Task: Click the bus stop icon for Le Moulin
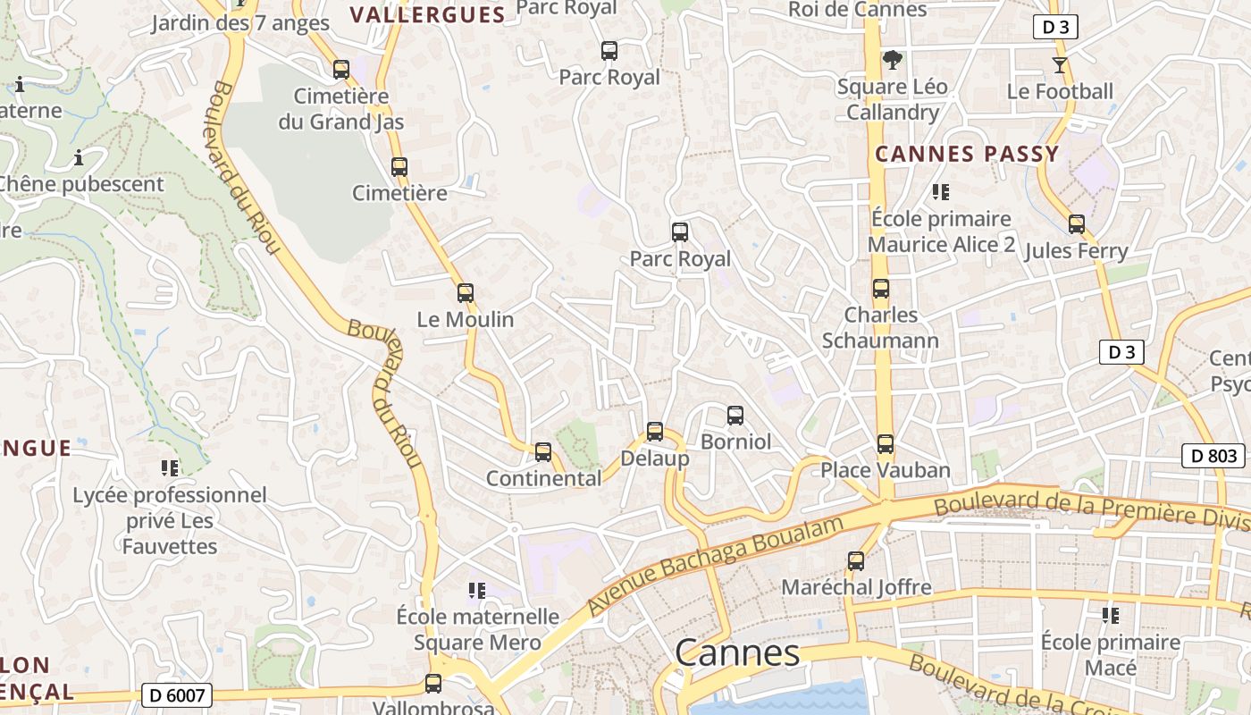click(x=465, y=292)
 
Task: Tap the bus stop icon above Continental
click(x=542, y=451)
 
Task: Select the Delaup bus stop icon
click(x=654, y=432)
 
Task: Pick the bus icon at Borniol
click(x=735, y=415)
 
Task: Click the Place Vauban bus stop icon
click(x=885, y=443)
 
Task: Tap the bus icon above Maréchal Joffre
click(x=855, y=561)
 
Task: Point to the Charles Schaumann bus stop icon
click(x=880, y=289)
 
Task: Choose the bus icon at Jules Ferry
click(x=1076, y=224)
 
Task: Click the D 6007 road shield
click(x=176, y=694)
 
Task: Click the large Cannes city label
click(x=737, y=653)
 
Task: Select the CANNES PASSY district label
click(x=967, y=154)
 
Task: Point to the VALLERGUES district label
click(x=427, y=14)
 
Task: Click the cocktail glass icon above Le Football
click(x=1059, y=64)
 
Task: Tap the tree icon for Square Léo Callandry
click(x=892, y=60)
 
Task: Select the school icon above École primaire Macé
click(x=1111, y=615)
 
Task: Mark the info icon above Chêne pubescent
click(x=79, y=158)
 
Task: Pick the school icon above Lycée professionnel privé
click(x=169, y=467)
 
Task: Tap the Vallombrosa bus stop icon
click(x=433, y=684)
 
